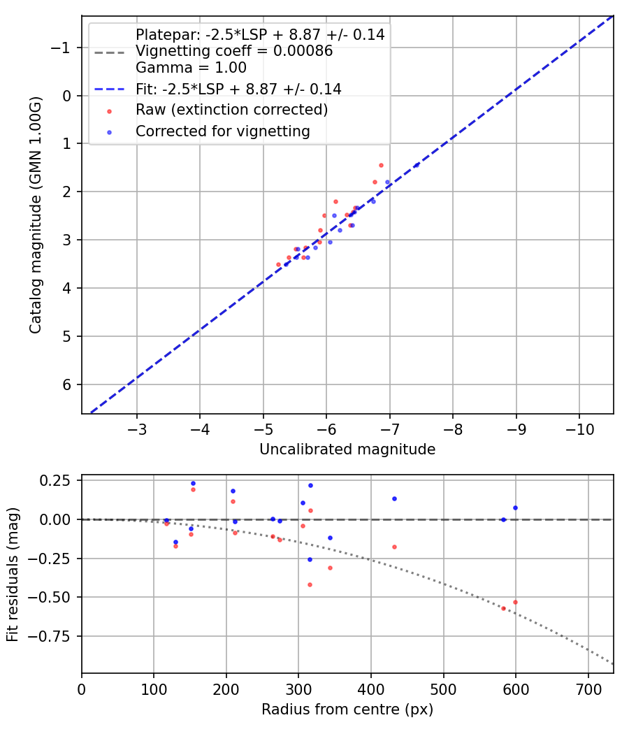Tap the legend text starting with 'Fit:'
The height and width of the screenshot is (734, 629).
tap(238, 89)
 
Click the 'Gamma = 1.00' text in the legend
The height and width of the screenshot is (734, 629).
tap(191, 68)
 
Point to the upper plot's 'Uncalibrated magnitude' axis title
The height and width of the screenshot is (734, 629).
tap(347, 449)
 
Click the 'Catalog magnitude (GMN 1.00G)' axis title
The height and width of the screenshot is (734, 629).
tap(36, 215)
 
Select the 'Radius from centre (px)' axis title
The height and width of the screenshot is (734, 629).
tap(347, 710)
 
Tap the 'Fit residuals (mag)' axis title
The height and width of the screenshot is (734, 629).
tap(13, 575)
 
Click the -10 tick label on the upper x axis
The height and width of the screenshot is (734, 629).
tap(579, 429)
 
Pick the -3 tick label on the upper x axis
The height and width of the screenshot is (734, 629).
tap(137, 429)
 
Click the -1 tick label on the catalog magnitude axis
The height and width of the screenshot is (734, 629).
tap(63, 48)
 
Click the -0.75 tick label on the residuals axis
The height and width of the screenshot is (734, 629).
tap(53, 636)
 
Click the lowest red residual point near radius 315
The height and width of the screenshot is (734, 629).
tap(310, 584)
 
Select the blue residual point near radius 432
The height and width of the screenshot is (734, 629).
tap(394, 498)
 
